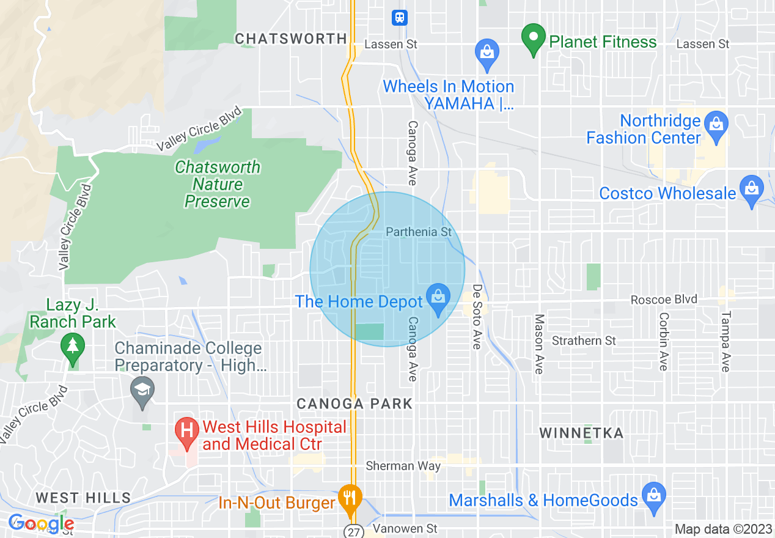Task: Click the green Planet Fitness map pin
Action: point(534,39)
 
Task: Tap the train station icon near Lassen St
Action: point(399,18)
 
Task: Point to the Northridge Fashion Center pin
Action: point(716,124)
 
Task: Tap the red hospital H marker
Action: point(188,432)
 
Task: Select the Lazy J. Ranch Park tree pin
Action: point(73,348)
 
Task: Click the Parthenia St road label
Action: point(419,232)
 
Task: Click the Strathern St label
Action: point(584,341)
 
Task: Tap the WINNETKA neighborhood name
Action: point(581,433)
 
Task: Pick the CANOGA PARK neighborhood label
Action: point(354,403)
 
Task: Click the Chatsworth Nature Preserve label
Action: point(218,184)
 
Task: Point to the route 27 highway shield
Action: point(353,531)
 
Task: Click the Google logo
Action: point(41,523)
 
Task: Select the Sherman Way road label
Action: point(403,466)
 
